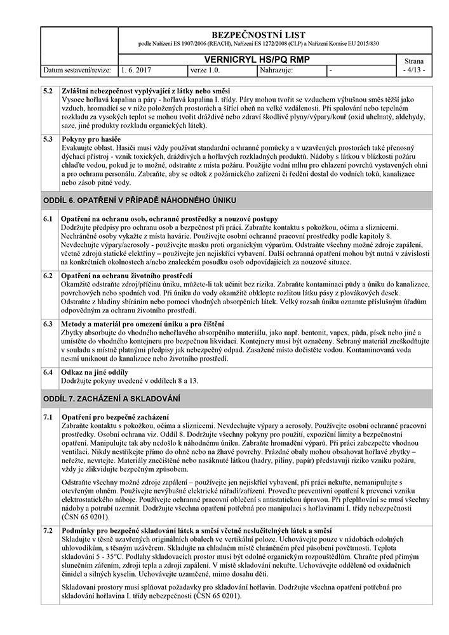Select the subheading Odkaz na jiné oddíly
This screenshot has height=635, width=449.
[x=95, y=371]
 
